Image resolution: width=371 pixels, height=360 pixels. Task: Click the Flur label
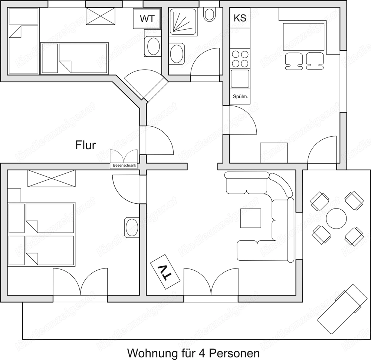(85, 145)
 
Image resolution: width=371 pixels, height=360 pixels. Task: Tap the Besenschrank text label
(124, 166)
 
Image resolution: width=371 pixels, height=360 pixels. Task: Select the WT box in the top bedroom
(147, 19)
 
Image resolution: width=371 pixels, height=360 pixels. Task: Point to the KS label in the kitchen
(240, 18)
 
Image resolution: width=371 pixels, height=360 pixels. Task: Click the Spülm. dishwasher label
(240, 97)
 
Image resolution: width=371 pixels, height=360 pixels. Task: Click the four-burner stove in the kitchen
(240, 59)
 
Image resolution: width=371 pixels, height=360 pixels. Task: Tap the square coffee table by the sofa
(251, 219)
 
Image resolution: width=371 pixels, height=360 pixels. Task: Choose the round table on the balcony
(336, 218)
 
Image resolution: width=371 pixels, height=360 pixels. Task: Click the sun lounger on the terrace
(340, 308)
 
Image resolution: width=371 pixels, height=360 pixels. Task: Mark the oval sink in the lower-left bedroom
(131, 226)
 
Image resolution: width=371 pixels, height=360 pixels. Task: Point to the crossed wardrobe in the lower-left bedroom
(52, 178)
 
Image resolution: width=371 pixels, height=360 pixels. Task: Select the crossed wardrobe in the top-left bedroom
(101, 15)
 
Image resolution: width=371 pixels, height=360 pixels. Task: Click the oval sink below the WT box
(152, 47)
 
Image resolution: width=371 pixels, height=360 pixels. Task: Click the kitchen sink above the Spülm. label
(240, 79)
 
